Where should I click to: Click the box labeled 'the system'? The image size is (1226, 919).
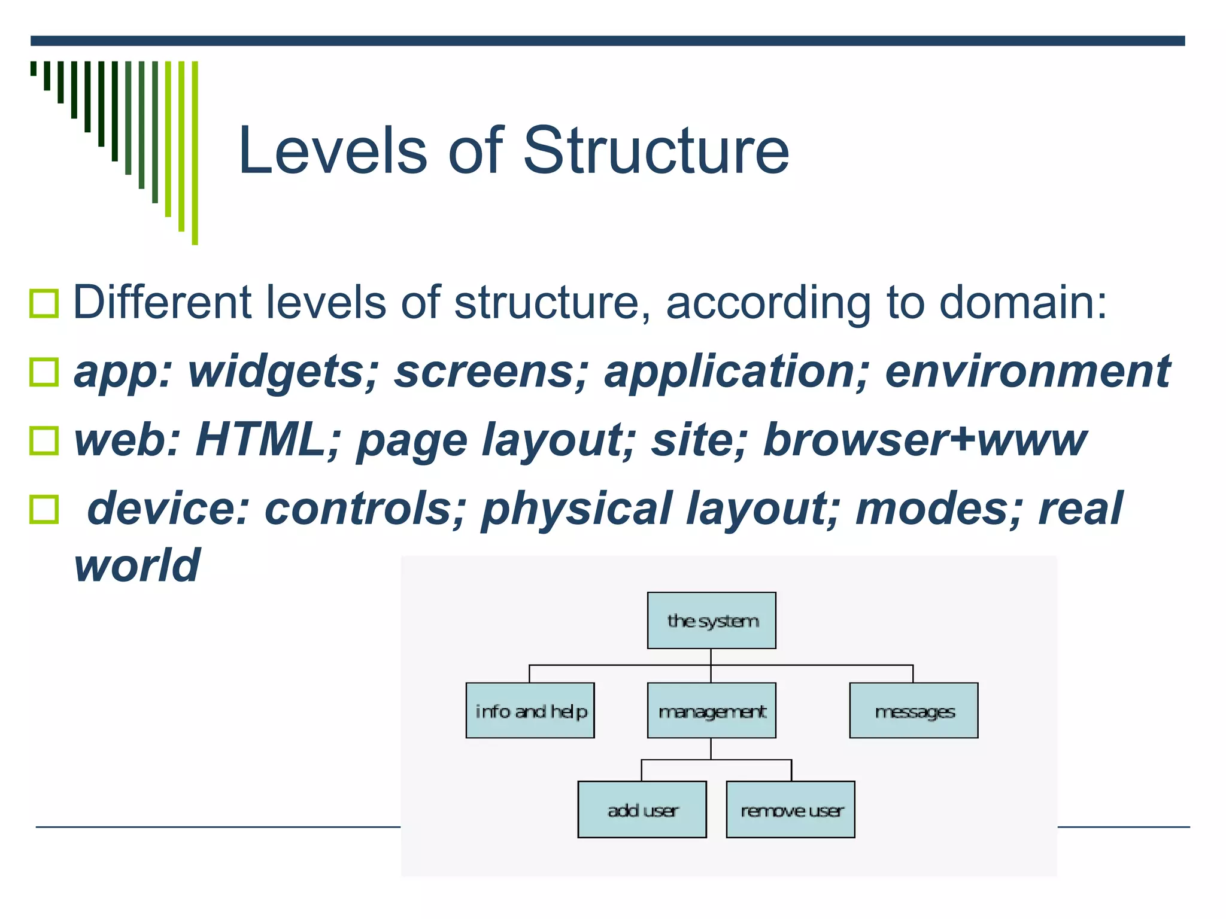click(x=711, y=620)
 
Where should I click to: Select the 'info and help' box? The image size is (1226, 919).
click(x=530, y=711)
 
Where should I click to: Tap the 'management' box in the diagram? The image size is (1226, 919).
click(x=711, y=711)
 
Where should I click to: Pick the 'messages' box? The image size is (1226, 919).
click(x=914, y=711)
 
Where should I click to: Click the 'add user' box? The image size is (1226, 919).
click(x=642, y=810)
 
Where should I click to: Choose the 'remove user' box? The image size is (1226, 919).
click(x=790, y=810)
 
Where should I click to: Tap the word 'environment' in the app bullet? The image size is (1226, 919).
click(x=1027, y=372)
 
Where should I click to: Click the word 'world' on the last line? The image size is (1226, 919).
click(x=136, y=565)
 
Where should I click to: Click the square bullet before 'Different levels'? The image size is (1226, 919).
click(x=44, y=303)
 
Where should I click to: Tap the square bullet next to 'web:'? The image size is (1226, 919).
click(x=44, y=441)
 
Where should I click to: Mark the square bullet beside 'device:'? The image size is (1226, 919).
click(x=44, y=510)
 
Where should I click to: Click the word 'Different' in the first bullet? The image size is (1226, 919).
click(x=162, y=302)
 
